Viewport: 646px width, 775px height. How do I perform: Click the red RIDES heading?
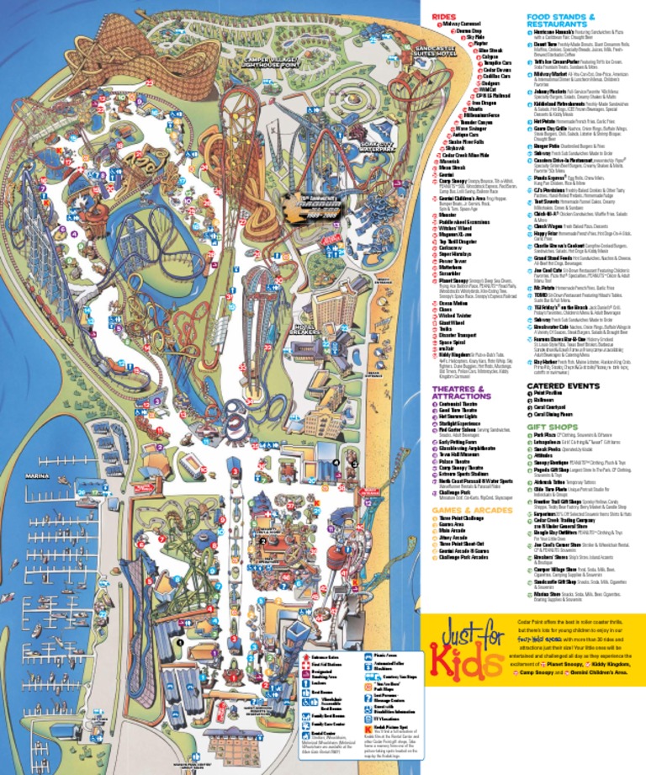(445, 16)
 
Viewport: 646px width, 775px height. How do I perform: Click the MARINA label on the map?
(39, 475)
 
